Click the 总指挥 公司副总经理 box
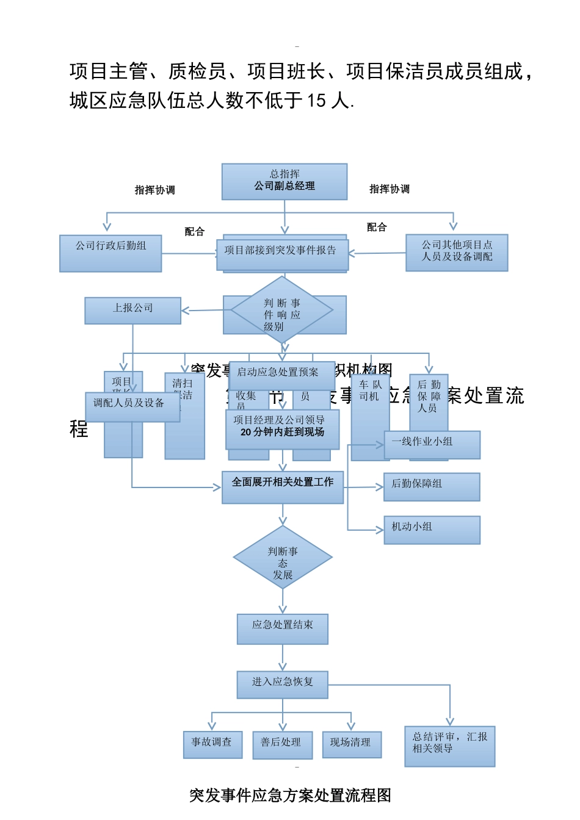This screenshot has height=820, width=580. [x=285, y=181]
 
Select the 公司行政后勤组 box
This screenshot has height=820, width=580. [x=111, y=253]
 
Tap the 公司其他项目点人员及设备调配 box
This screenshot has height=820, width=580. [x=457, y=252]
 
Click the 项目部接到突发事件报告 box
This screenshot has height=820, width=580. [x=282, y=253]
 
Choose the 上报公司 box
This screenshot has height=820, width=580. [x=132, y=310]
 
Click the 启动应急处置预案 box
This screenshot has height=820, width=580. [x=281, y=375]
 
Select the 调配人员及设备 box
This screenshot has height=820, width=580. [x=132, y=406]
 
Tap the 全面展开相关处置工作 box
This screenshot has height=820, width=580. [x=282, y=486]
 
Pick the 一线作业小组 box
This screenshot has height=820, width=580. [x=432, y=444]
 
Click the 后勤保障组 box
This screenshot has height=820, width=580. [x=432, y=486]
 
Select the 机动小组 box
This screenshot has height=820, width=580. [x=432, y=529]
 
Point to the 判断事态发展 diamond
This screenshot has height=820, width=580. [x=283, y=558]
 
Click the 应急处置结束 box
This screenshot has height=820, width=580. [x=283, y=628]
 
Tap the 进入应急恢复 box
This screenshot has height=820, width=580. [x=283, y=685]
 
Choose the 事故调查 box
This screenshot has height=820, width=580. [x=212, y=744]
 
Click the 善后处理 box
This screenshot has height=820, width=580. [x=282, y=744]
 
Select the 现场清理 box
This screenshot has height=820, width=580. [x=352, y=744]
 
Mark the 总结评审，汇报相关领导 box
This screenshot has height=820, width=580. [x=449, y=746]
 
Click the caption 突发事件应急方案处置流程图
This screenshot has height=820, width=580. [x=290, y=795]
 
